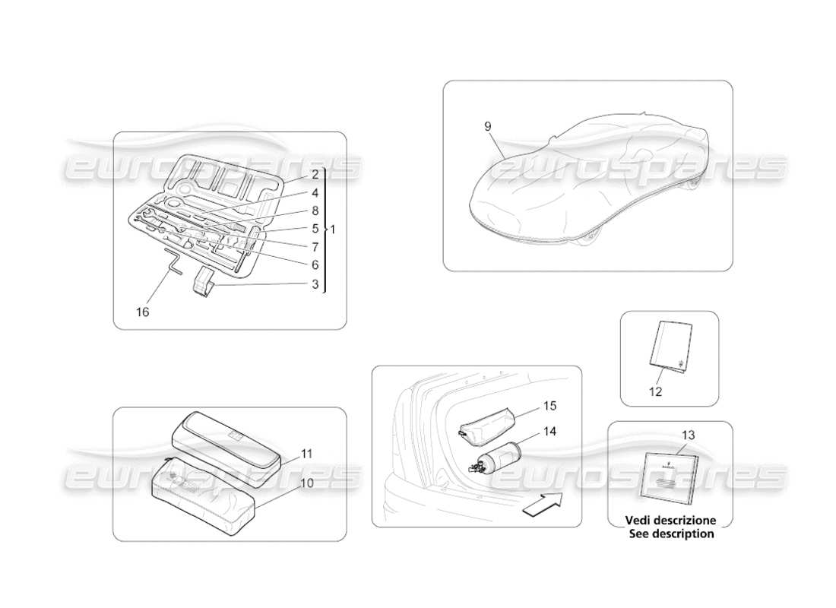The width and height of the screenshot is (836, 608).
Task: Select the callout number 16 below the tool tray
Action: point(144,312)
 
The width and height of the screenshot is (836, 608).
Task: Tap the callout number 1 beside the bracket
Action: point(334,228)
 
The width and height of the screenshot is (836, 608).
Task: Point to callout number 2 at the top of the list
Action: point(315,174)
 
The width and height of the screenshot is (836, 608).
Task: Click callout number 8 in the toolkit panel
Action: point(315,211)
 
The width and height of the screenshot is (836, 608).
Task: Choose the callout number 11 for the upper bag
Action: point(307,453)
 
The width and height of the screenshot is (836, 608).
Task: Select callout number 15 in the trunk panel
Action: point(549,407)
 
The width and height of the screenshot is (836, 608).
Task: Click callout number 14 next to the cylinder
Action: point(549,431)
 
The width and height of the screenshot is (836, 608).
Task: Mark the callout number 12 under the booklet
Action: point(655,392)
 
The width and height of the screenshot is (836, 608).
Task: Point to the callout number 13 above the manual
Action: point(689,435)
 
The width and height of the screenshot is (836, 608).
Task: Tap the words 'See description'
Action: point(671,534)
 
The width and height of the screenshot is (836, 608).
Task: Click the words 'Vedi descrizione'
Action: point(670,521)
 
